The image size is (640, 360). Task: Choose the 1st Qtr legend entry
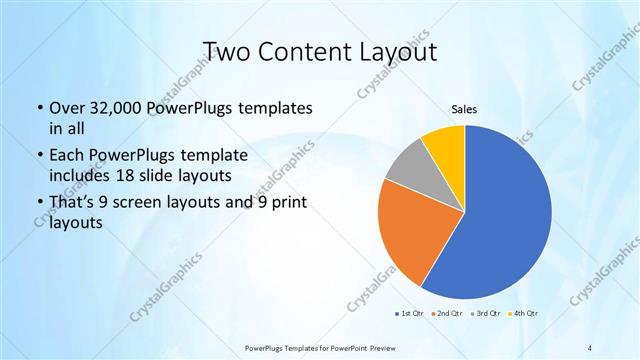(409, 314)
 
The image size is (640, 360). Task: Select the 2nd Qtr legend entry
(446, 314)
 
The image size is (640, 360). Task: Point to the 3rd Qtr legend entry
(487, 314)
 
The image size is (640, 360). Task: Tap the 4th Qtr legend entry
(525, 314)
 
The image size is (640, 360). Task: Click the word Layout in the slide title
(402, 51)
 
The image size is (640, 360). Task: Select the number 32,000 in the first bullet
(116, 107)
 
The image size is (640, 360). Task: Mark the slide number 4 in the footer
(590, 346)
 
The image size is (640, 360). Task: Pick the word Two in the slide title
(228, 51)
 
